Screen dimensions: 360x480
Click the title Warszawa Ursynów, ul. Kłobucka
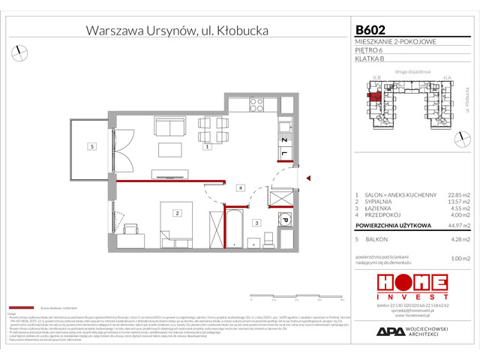[177, 31]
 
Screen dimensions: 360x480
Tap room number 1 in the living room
[207, 148]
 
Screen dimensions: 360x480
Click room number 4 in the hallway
[241, 187]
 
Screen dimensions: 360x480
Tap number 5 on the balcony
[91, 146]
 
